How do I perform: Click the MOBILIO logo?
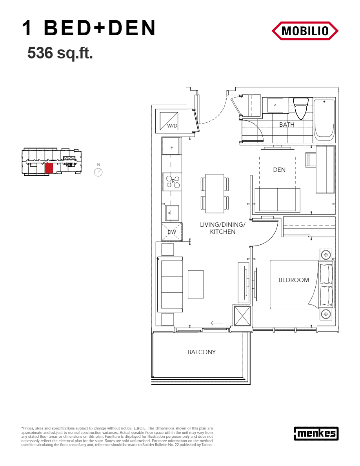point(305,31)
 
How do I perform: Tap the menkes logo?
point(316,433)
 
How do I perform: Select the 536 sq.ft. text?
point(60,53)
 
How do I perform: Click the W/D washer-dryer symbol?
point(169,121)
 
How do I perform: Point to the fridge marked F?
point(171,146)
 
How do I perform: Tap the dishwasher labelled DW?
point(172,232)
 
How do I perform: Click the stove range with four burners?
point(172,182)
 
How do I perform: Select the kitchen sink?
point(172,213)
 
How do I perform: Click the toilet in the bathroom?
point(301,107)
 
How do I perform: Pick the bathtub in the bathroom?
point(324,120)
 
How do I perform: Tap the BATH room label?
point(287,124)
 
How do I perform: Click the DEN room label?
point(279,170)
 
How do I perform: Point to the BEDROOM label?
point(294,280)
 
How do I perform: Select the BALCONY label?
point(202,352)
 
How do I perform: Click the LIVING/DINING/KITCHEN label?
point(222,228)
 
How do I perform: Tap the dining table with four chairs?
point(215,193)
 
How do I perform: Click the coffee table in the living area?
point(196,284)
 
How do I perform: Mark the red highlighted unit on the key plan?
point(49,168)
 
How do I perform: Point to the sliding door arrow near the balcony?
point(216,323)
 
